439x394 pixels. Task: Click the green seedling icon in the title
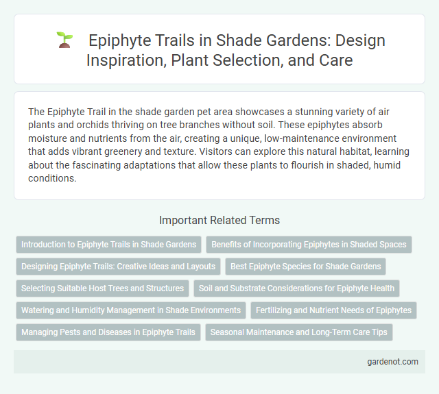[64, 40]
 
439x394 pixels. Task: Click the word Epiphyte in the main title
[122, 41]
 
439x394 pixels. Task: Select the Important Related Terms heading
[219, 220]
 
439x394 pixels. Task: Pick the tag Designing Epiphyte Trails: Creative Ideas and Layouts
[118, 266]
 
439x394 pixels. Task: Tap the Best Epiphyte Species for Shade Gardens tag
[306, 266]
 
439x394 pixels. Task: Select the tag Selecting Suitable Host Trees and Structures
[102, 288]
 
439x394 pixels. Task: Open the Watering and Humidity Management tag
[130, 310]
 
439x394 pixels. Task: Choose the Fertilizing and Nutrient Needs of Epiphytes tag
[333, 310]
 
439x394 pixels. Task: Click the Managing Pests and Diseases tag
[108, 333]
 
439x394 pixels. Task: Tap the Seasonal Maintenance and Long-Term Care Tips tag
[298, 333]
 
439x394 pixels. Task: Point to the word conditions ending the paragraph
[52, 180]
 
